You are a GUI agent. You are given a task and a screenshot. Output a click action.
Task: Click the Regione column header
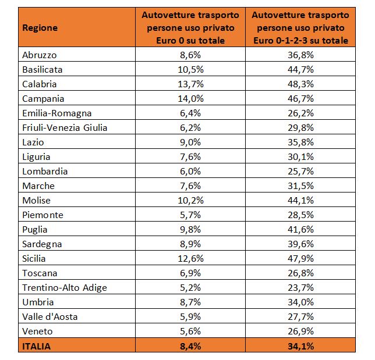click(x=40, y=28)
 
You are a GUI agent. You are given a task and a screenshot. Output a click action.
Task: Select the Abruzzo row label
click(x=40, y=55)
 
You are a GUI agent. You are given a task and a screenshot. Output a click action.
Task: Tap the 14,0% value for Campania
click(x=190, y=99)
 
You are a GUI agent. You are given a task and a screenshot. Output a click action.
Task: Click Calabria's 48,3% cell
click(x=300, y=84)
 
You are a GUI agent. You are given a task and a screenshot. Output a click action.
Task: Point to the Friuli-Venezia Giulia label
click(x=65, y=128)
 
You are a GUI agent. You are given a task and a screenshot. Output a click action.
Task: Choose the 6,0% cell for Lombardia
click(x=190, y=172)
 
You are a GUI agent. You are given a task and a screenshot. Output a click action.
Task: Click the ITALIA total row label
click(x=36, y=347)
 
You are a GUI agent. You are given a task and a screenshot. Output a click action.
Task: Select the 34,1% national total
click(x=300, y=347)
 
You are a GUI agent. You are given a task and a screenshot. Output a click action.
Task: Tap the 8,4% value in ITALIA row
click(x=190, y=347)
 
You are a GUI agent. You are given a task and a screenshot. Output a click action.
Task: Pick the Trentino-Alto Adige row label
click(x=65, y=288)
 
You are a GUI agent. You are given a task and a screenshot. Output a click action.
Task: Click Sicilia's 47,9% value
click(x=300, y=259)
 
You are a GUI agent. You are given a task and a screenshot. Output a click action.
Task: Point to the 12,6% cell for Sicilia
click(x=190, y=259)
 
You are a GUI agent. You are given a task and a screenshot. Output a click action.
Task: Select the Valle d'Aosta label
click(x=49, y=317)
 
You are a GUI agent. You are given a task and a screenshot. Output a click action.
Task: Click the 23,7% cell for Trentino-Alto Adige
click(x=300, y=288)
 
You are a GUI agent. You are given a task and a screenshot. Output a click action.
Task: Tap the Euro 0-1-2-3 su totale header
click(x=300, y=41)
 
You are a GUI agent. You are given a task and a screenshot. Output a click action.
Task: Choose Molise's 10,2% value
click(x=190, y=201)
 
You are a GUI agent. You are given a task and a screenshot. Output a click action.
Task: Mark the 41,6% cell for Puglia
click(x=300, y=230)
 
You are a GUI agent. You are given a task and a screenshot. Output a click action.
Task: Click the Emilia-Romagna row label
click(x=57, y=113)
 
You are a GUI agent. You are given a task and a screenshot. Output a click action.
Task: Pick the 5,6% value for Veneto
click(x=190, y=332)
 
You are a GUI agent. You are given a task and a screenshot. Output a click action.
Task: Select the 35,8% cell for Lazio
click(x=300, y=142)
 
